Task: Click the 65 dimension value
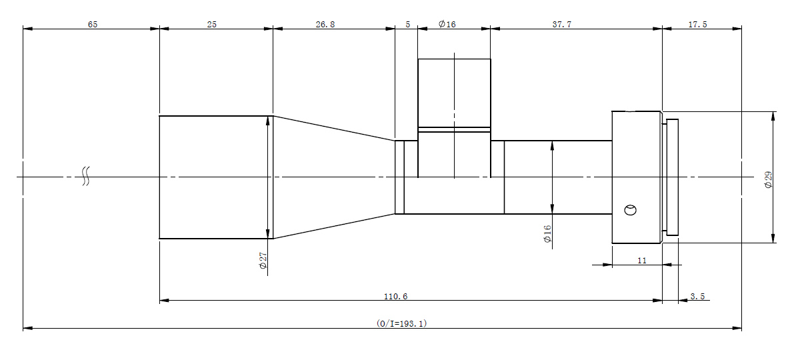coord(93,24)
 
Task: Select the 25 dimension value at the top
coord(212,24)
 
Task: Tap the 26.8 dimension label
coord(325,24)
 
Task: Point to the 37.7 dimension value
coord(562,24)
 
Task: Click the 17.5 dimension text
coord(697,24)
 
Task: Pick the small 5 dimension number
coord(408,24)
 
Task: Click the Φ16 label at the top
coord(447,24)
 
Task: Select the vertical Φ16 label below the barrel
coord(547,234)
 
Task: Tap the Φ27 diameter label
coord(263,261)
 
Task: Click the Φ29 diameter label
coord(768,179)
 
